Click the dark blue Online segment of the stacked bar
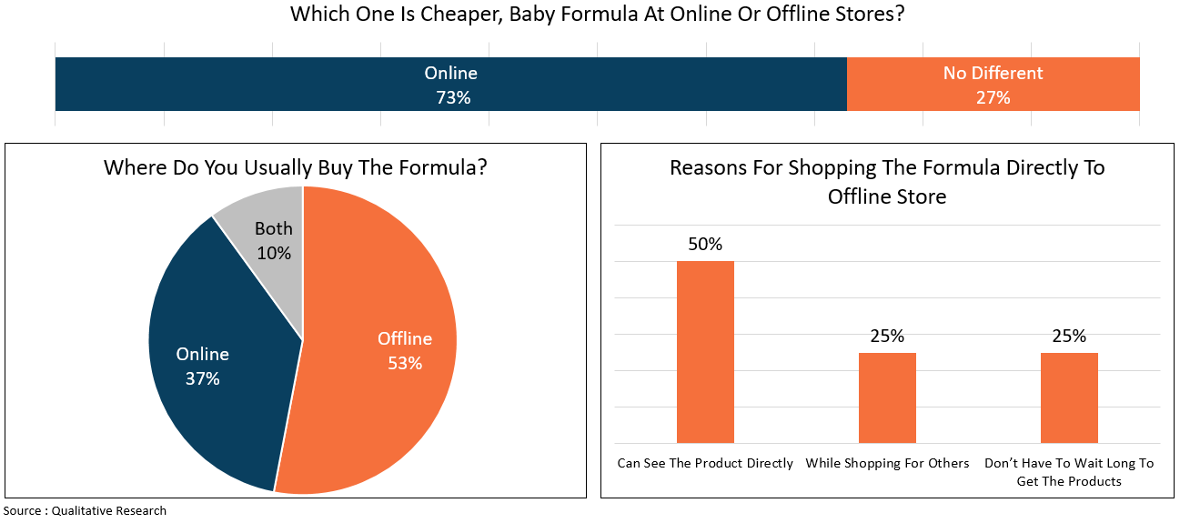(x=273, y=85)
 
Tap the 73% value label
(x=451, y=97)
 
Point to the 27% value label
(x=993, y=97)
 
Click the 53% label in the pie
(x=405, y=363)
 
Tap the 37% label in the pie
(x=202, y=378)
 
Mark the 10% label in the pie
(x=273, y=254)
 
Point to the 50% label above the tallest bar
(x=705, y=244)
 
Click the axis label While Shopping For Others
(x=887, y=463)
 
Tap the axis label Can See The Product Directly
(x=705, y=463)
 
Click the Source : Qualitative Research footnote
(x=85, y=510)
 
